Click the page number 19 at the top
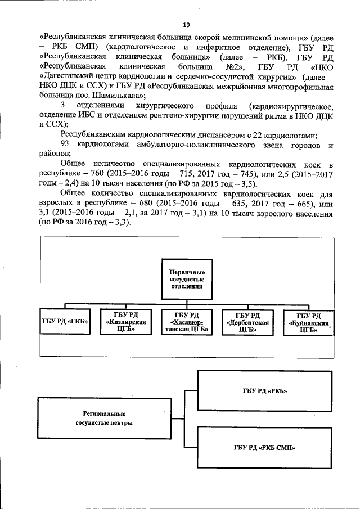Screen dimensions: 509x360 (186, 24)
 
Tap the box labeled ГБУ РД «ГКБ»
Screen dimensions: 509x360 (65, 323)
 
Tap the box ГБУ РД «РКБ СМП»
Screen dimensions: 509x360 (262, 448)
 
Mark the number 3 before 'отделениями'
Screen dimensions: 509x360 (61, 105)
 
